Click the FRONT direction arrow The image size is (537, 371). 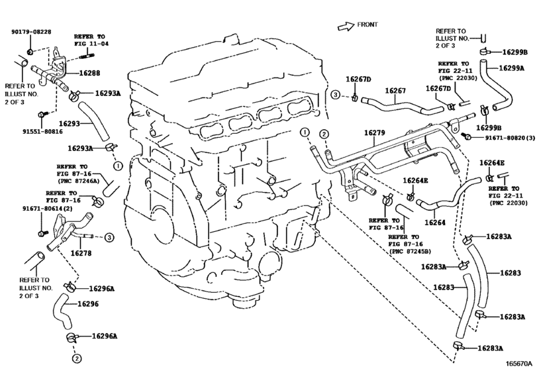click(x=346, y=26)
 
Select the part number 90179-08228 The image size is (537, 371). click(x=31, y=32)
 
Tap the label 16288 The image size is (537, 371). click(x=90, y=73)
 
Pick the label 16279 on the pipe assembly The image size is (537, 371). click(x=374, y=132)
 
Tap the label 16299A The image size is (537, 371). click(x=511, y=68)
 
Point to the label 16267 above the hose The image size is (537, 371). click(x=395, y=91)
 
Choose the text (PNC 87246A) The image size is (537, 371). click(x=77, y=181)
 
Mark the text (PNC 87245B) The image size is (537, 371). click(x=410, y=251)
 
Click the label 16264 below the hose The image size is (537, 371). click(x=435, y=223)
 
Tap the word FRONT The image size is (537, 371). click(x=367, y=25)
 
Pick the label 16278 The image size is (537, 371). click(x=81, y=253)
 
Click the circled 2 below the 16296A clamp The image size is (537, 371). click(x=77, y=358)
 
